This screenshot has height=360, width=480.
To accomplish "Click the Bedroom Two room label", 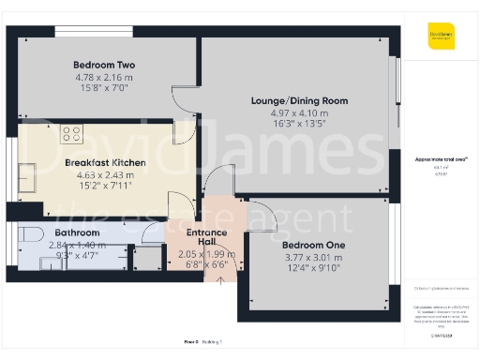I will (x=105, y=65).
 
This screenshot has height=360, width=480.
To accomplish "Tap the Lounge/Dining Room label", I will (x=299, y=100).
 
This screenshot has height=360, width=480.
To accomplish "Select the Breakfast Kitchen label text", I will (x=105, y=163).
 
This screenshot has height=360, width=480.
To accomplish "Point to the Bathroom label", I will (x=77, y=232).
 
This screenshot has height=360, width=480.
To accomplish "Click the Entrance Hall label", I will (x=206, y=237).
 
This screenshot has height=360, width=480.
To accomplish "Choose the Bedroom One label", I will (x=314, y=246).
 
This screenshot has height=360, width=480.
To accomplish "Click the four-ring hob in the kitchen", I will (x=71, y=133).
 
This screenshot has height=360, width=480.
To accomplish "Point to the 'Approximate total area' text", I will (x=440, y=159).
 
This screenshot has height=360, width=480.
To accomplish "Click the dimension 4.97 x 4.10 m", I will (x=299, y=112).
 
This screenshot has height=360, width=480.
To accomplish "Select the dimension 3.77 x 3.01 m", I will (x=314, y=257).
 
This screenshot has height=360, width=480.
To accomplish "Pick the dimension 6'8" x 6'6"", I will (x=206, y=264).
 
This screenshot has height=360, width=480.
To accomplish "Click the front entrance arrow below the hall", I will (x=219, y=278).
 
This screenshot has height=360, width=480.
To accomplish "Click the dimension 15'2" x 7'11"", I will (x=105, y=185).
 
